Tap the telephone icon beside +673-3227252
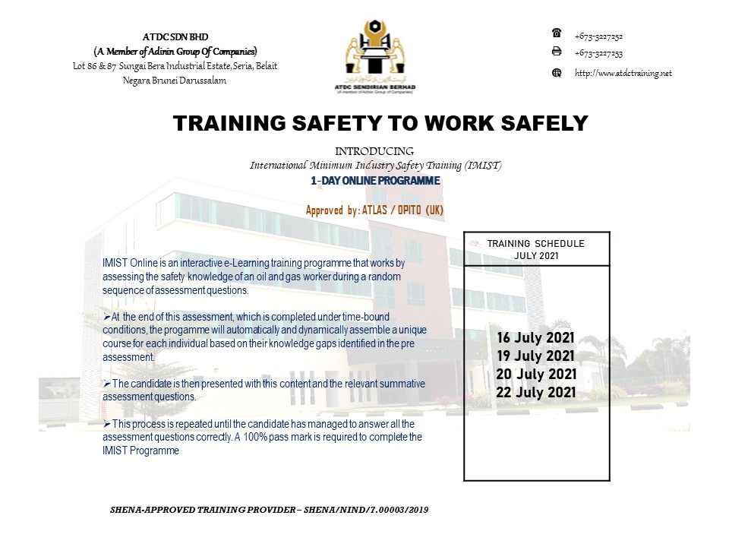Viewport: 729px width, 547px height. click(x=556, y=33)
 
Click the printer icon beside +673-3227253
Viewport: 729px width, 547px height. click(x=556, y=52)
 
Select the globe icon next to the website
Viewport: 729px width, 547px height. click(x=556, y=73)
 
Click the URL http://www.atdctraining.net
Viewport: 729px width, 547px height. click(x=623, y=73)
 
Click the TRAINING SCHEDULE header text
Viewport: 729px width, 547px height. click(x=535, y=244)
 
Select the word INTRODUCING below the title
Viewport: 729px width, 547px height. click(x=374, y=151)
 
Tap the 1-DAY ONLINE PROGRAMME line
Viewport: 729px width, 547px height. click(x=375, y=182)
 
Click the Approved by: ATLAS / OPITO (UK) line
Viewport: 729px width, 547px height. click(x=374, y=210)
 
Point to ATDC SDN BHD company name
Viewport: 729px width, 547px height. click(x=175, y=36)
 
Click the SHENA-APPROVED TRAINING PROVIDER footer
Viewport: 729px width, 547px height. click(x=270, y=510)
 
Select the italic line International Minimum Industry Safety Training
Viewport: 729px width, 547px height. click(x=375, y=165)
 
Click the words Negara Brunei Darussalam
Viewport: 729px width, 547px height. click(x=175, y=81)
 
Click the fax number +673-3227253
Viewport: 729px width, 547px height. click(x=598, y=53)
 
